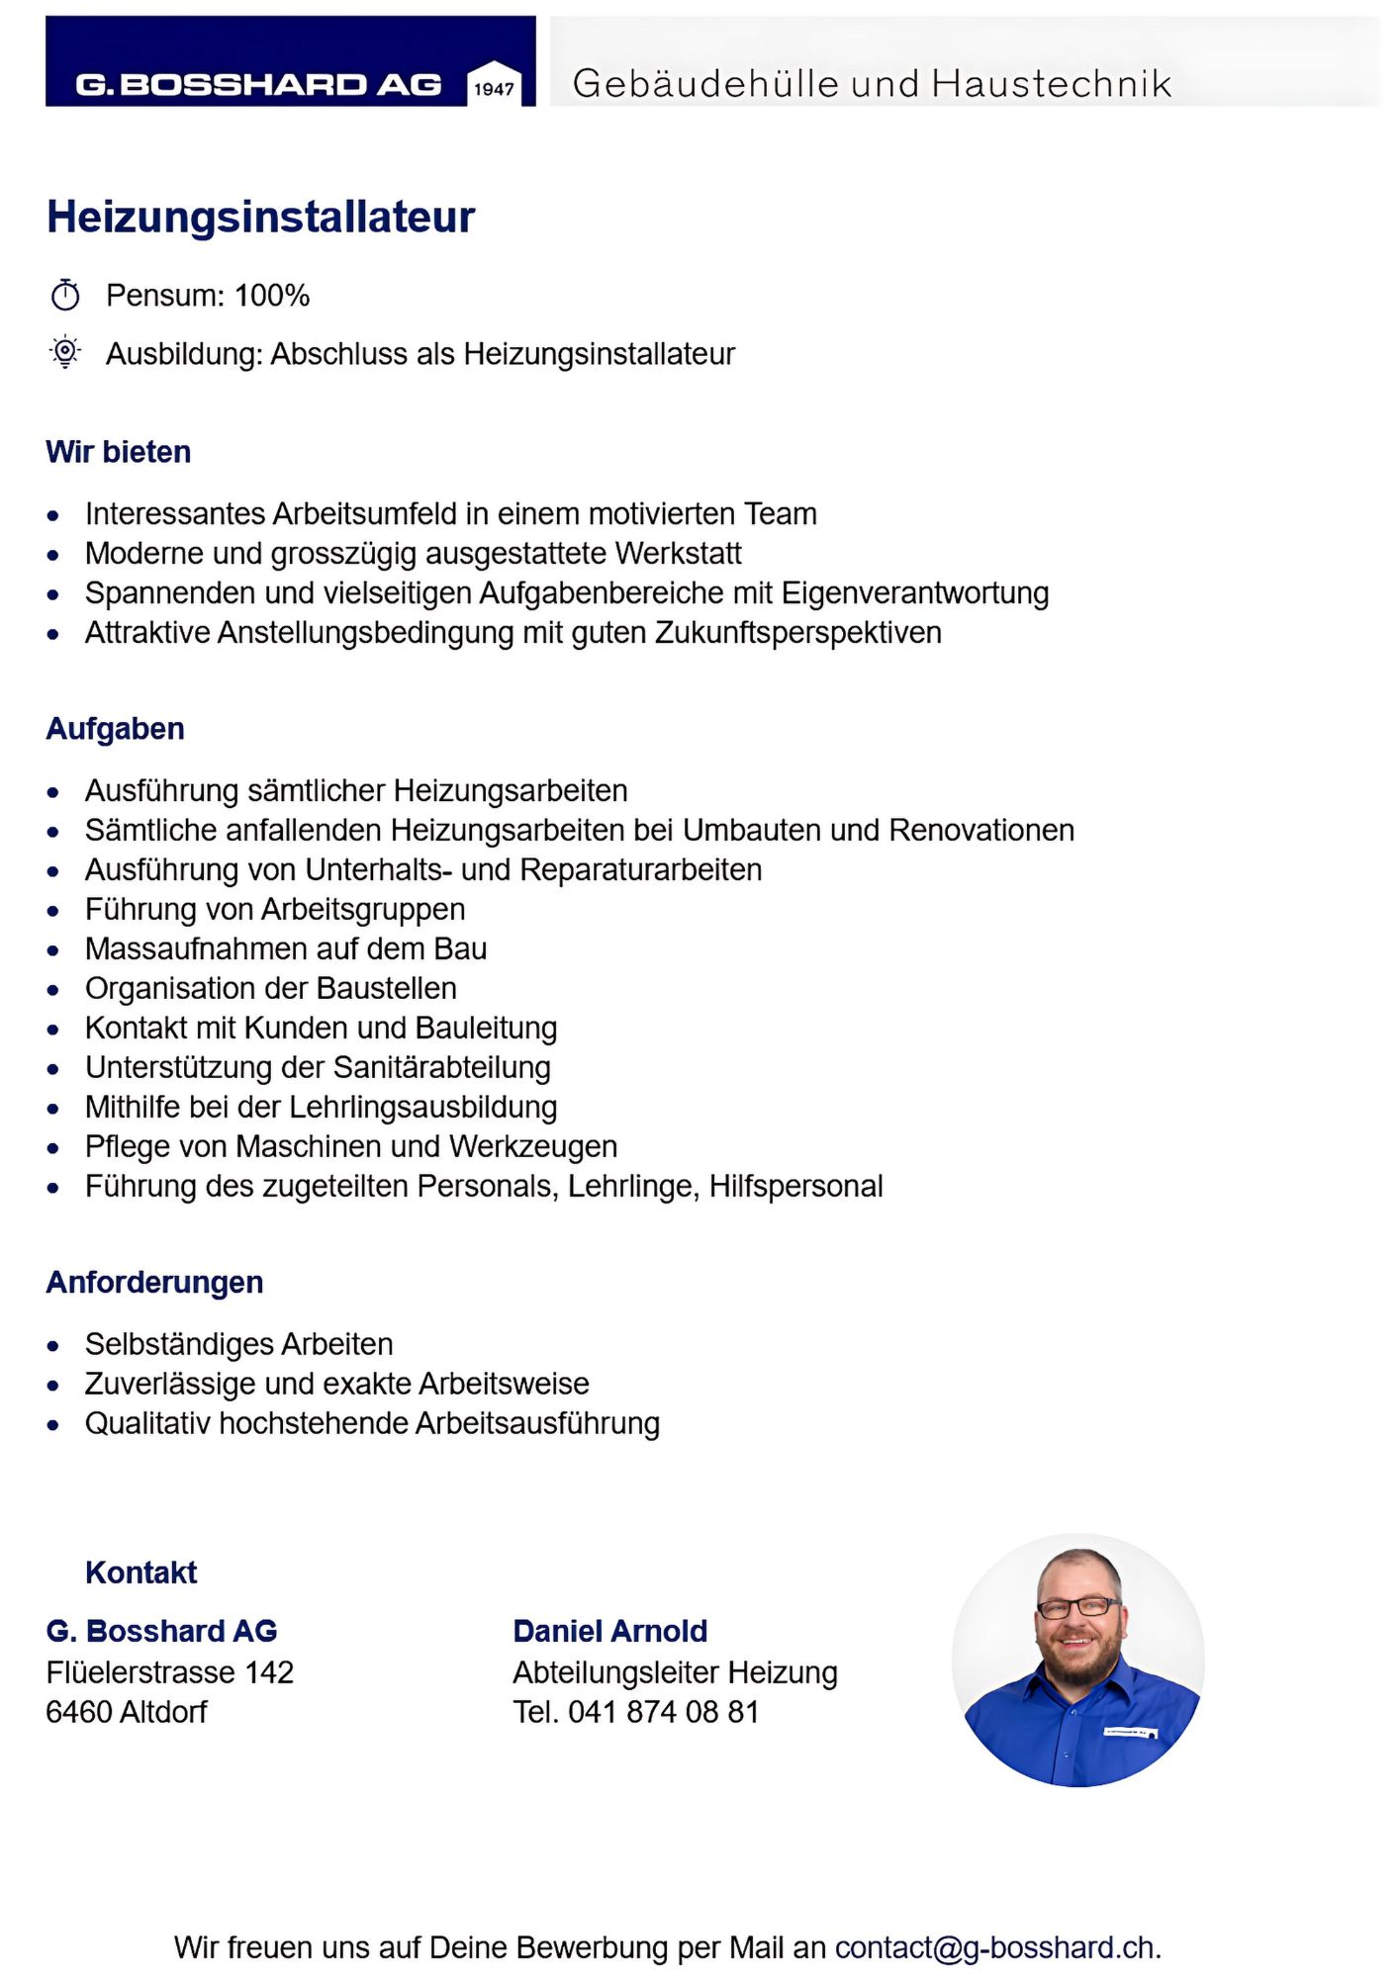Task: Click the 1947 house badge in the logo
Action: (494, 85)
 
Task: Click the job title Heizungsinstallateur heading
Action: (261, 218)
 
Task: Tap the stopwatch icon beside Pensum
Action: (65, 295)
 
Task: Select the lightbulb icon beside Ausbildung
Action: (65, 352)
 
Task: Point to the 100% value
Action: (272, 296)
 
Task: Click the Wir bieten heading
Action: (119, 452)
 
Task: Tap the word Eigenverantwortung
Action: (915, 593)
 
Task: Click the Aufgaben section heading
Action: (115, 729)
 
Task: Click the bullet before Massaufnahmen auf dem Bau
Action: (53, 950)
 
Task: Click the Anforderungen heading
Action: (154, 1283)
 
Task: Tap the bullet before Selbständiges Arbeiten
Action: (53, 1346)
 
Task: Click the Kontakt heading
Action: (140, 1573)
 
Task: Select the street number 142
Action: (269, 1672)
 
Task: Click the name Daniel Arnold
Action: (610, 1631)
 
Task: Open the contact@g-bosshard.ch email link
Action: (994, 1947)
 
